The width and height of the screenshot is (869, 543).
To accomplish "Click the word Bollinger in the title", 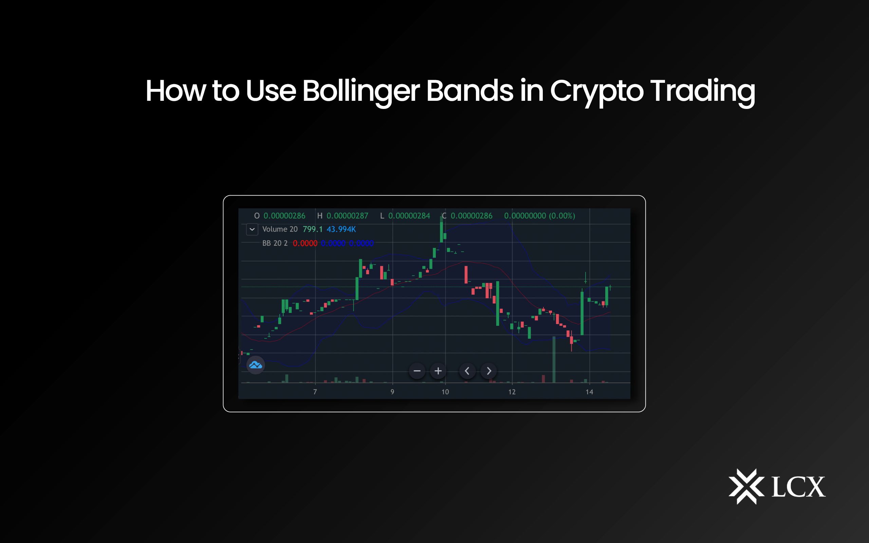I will point(360,91).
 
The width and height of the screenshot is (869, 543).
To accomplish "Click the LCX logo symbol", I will point(746,486).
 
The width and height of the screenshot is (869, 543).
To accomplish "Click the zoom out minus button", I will point(417,371).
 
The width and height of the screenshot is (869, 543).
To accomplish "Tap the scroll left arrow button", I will point(467,371).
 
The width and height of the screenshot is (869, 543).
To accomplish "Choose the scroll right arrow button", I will point(489,371).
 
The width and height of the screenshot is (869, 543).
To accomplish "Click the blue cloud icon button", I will point(256,365).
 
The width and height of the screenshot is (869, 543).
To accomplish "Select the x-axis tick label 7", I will point(315,392).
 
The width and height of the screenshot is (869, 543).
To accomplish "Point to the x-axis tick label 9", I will point(392,392).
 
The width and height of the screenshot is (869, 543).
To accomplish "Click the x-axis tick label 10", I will point(445,392).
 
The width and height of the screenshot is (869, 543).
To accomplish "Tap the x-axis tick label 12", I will point(512,392).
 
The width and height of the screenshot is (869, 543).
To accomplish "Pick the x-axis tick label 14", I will point(589,392).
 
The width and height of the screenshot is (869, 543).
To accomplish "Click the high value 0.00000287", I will point(347,216).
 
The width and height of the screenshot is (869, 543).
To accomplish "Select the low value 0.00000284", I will point(409,216).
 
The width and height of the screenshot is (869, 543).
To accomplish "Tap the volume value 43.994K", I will point(341,229).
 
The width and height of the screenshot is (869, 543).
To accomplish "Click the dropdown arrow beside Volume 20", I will point(252,229).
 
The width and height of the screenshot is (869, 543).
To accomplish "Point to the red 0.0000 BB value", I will point(305,243).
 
